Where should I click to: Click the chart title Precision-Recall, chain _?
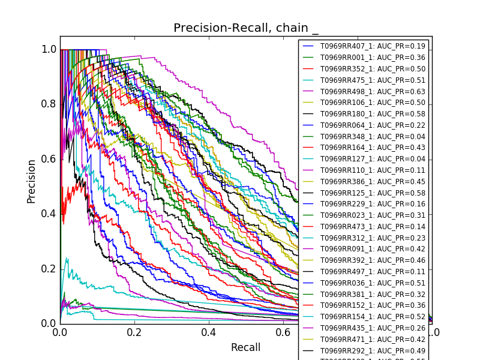click(x=246, y=28)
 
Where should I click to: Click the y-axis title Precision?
click(x=31, y=181)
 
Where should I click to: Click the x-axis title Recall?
click(x=246, y=347)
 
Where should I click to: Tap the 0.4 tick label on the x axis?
click(x=209, y=332)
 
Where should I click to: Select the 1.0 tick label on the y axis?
click(x=49, y=50)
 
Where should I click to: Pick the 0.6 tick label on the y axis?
click(x=49, y=159)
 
